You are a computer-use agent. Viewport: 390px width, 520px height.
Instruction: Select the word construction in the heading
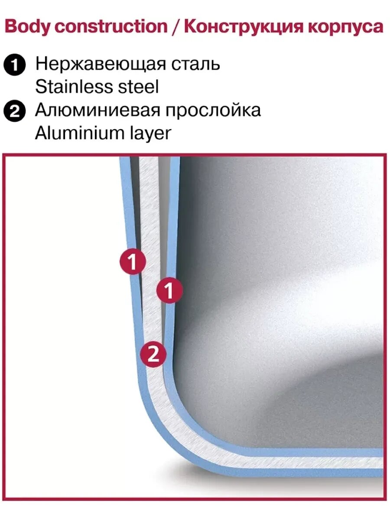(111, 26)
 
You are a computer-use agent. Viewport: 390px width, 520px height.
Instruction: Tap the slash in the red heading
(176, 26)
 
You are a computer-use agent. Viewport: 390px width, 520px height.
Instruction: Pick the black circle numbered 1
(15, 65)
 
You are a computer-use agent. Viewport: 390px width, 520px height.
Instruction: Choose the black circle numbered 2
(15, 111)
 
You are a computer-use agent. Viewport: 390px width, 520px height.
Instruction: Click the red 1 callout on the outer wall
(133, 262)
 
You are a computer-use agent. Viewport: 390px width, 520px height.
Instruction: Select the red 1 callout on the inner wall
(169, 290)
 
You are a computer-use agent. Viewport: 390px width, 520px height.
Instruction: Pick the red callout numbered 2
(153, 355)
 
